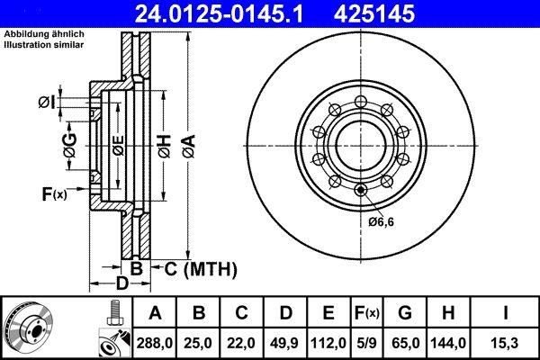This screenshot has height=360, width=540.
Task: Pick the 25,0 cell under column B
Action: (x=200, y=343)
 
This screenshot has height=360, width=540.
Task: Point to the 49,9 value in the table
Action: (x=286, y=343)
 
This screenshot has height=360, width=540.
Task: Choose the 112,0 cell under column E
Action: (x=329, y=343)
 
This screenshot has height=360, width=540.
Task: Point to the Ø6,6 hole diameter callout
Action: (x=380, y=221)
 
